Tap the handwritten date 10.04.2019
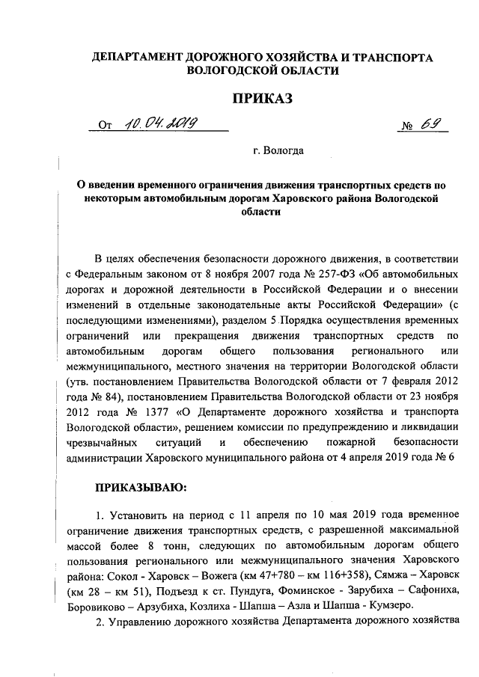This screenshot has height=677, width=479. click(159, 125)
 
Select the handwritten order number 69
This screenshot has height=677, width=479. click(429, 125)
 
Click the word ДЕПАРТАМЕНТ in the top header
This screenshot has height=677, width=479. click(132, 57)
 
